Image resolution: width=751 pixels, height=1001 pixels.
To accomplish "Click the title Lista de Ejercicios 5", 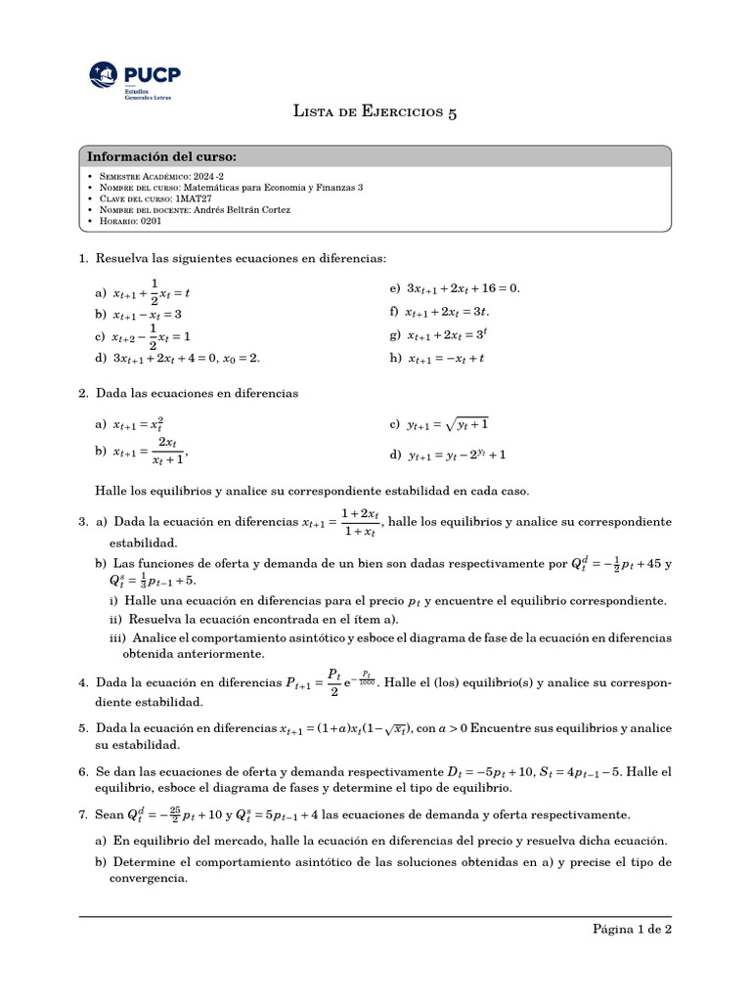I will pos(375,111).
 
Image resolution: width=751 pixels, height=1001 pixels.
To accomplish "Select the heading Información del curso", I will pos(161,156).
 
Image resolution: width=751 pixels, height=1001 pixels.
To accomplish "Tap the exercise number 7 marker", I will pos(83,814).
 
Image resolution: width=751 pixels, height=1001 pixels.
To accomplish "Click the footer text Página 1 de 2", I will pos(632,930).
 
